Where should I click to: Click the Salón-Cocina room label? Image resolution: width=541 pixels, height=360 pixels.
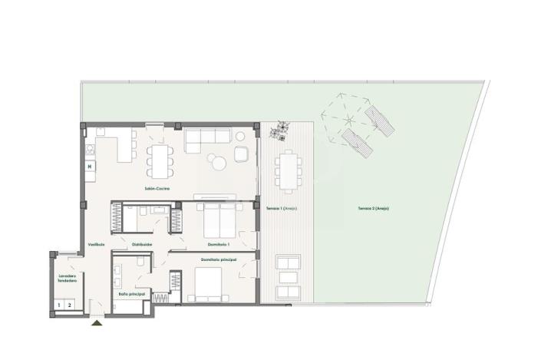pyautogui.click(x=157, y=189)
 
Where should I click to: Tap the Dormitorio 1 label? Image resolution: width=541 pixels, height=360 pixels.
pyautogui.click(x=218, y=245)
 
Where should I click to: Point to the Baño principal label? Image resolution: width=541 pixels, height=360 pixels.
pyautogui.click(x=132, y=294)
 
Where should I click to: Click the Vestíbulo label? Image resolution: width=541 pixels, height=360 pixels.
pyautogui.click(x=96, y=245)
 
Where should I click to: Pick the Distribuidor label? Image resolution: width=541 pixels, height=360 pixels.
pyautogui.click(x=141, y=245)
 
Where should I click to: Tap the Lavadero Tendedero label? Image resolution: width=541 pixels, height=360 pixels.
pyautogui.click(x=67, y=279)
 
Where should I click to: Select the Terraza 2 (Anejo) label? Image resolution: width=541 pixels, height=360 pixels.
pyautogui.click(x=373, y=209)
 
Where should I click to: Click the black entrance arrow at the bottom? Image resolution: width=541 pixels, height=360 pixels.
pyautogui.click(x=97, y=323)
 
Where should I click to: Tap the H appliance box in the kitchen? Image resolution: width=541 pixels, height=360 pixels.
pyautogui.click(x=90, y=166)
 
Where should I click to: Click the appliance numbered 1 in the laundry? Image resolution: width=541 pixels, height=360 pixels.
pyautogui.click(x=58, y=306)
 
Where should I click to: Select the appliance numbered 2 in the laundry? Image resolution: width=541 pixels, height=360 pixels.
pyautogui.click(x=70, y=306)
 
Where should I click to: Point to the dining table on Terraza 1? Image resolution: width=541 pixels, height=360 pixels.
pyautogui.click(x=288, y=169)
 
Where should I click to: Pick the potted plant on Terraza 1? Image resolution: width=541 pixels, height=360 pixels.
pyautogui.click(x=277, y=130)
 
